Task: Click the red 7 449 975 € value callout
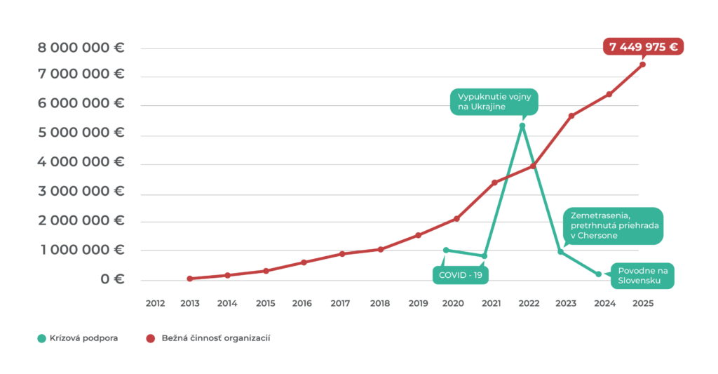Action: (642, 47)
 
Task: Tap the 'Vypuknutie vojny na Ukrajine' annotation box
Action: (494, 102)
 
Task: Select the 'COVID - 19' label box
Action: (460, 274)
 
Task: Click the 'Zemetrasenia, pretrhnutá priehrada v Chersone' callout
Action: (611, 226)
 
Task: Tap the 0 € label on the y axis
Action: (111, 279)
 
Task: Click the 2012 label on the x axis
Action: (154, 303)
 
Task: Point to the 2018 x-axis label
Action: (379, 303)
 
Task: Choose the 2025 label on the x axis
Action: (642, 303)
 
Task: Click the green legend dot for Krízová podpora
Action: (41, 338)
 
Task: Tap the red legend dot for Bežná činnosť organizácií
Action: (150, 338)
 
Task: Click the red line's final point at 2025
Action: (642, 64)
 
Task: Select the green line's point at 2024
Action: (599, 274)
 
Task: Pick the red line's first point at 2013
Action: (190, 279)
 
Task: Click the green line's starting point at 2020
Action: (446, 250)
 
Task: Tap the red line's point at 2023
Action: (571, 116)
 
